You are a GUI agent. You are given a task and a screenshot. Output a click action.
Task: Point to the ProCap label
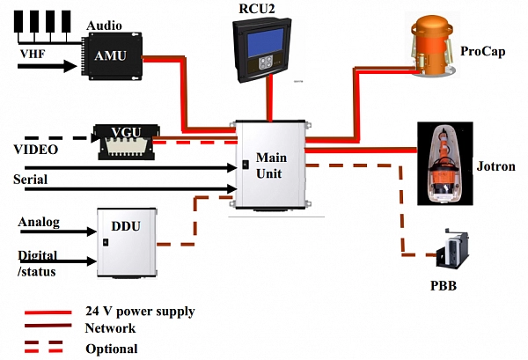(483, 52)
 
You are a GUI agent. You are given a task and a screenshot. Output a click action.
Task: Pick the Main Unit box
(268, 165)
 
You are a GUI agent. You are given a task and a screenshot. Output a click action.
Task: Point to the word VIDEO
(36, 151)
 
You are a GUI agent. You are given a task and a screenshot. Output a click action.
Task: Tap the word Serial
(31, 180)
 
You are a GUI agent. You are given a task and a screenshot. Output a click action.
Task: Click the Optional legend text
(112, 349)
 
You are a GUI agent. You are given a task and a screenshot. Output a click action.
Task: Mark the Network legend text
(111, 328)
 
